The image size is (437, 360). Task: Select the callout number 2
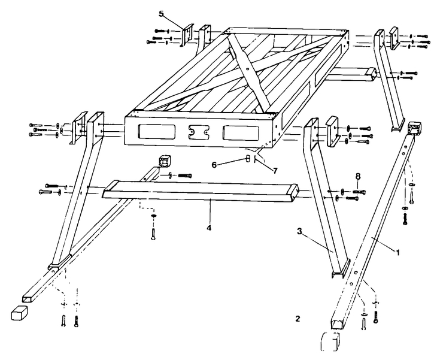click(298, 318)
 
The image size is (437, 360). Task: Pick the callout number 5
click(161, 13)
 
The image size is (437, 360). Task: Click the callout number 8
click(358, 176)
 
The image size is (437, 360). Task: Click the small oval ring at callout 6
click(247, 160)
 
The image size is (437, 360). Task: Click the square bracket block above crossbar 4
click(164, 161)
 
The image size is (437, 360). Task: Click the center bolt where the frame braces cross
click(247, 68)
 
